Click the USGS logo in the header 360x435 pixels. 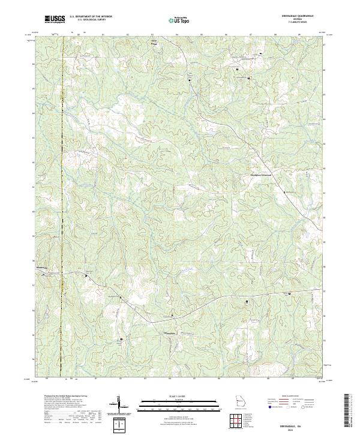[x=55, y=19]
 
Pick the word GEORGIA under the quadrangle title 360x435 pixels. [x=298, y=20]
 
